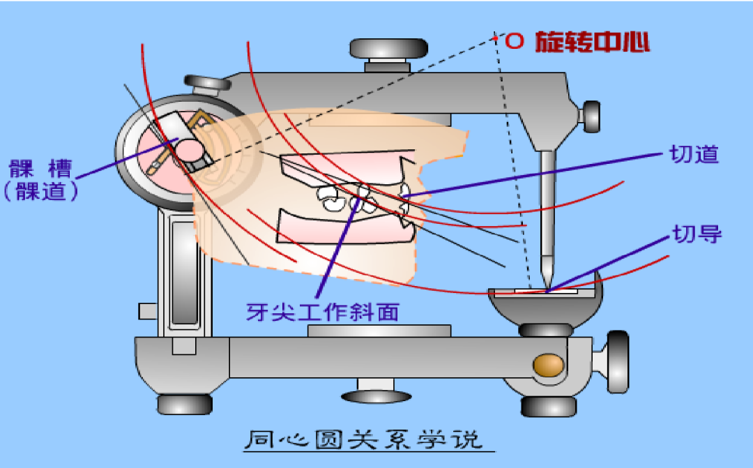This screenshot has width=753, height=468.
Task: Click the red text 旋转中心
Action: tap(593, 43)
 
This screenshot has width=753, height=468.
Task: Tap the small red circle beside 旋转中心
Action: tap(514, 42)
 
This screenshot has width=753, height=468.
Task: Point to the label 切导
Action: tap(696, 234)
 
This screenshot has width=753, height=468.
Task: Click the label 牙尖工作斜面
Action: tap(323, 312)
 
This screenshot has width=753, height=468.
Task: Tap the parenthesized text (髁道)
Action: tap(40, 191)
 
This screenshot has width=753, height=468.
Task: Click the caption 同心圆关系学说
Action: tap(363, 441)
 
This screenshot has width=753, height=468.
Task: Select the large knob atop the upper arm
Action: tap(388, 49)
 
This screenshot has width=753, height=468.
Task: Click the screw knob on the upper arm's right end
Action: tap(591, 116)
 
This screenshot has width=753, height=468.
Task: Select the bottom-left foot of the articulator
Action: tap(184, 404)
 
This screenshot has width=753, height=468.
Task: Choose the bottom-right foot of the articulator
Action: tap(549, 405)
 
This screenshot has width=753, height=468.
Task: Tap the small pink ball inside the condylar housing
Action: tap(188, 149)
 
